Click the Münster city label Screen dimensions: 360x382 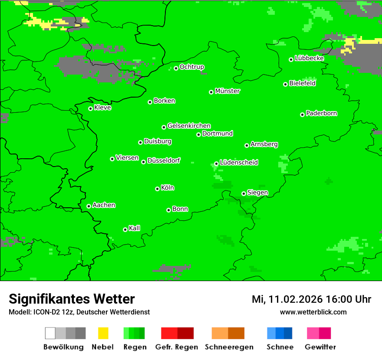pyautogui.click(x=227, y=91)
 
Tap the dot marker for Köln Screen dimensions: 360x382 pyautogui.click(x=157, y=189)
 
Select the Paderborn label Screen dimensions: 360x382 pyautogui.click(x=322, y=113)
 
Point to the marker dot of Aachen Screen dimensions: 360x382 pyautogui.click(x=89, y=206)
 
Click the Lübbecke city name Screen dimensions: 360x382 pyautogui.click(x=310, y=58)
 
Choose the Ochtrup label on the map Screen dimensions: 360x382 pyautogui.click(x=192, y=67)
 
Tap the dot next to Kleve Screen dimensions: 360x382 pyautogui.click(x=90, y=108)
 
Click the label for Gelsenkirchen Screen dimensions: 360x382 pyautogui.click(x=189, y=126)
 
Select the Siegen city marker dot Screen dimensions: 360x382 pyautogui.click(x=244, y=193)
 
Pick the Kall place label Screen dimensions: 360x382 pyautogui.click(x=135, y=228)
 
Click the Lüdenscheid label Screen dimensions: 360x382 pyautogui.click(x=239, y=163)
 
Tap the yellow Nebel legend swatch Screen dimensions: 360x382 pyautogui.click(x=103, y=333)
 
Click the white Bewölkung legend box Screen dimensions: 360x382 pyautogui.click(x=50, y=333)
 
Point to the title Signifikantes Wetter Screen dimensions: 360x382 pyautogui.click(x=72, y=299)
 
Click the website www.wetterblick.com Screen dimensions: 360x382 pyautogui.click(x=313, y=312)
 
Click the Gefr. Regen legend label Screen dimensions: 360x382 pyautogui.click(x=177, y=347)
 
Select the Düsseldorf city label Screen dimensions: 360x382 pyautogui.click(x=164, y=160)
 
